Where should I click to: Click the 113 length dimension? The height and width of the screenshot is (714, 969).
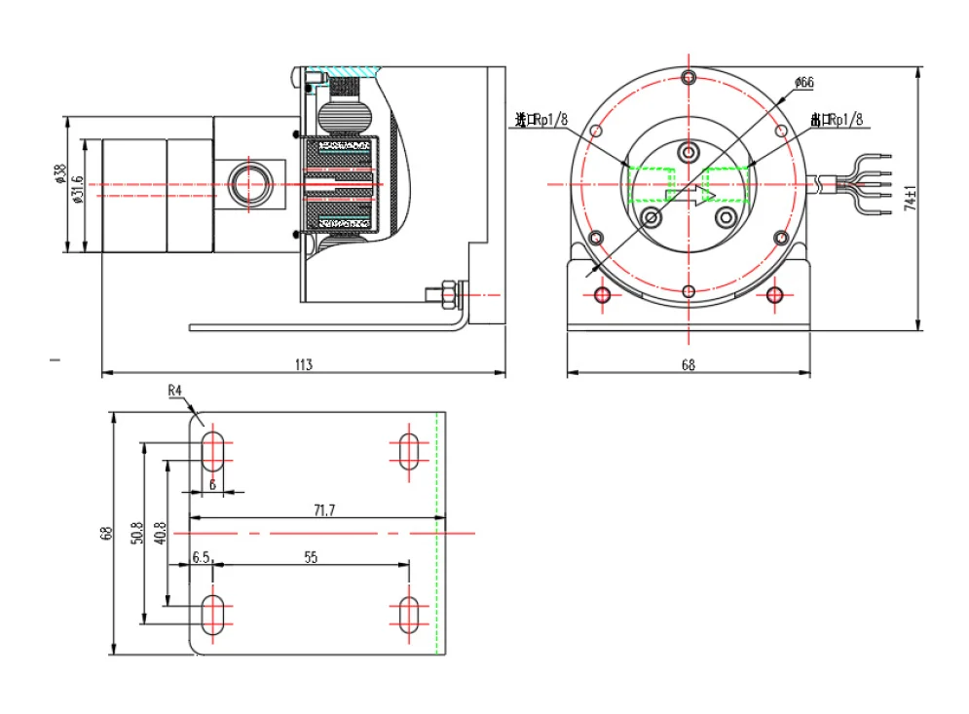(x=303, y=364)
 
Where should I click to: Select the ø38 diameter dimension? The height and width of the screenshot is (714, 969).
(x=60, y=174)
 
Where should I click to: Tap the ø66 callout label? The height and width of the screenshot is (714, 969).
(x=803, y=83)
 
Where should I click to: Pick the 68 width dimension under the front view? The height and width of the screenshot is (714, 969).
(x=688, y=365)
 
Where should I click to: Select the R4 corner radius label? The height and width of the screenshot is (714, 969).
(x=175, y=391)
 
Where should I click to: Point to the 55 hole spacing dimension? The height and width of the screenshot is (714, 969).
(x=312, y=558)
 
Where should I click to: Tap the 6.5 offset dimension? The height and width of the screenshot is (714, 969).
(x=202, y=558)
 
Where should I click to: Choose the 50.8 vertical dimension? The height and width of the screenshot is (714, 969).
(x=136, y=533)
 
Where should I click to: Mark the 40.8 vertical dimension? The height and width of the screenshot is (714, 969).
(x=161, y=533)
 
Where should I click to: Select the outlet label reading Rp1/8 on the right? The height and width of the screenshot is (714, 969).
(x=837, y=120)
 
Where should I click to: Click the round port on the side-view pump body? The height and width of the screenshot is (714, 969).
(x=254, y=182)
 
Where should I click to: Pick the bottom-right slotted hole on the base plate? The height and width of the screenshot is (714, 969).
(x=409, y=614)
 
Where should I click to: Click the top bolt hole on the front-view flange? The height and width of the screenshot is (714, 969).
(x=689, y=78)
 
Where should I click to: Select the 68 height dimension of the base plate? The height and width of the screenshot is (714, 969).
(x=107, y=533)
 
